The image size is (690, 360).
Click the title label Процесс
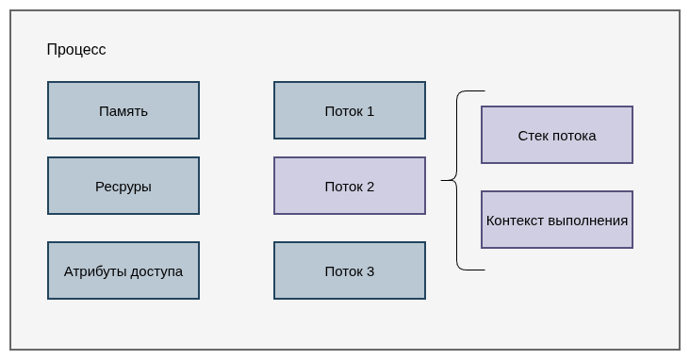[x=76, y=49]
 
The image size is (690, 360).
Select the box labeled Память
[x=123, y=110]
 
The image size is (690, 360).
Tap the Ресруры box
[x=123, y=186]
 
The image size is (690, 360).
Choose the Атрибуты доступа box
[x=123, y=270]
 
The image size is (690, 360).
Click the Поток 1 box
[x=350, y=110]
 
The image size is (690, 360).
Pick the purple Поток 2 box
[x=350, y=186]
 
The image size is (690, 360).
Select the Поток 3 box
[x=350, y=270]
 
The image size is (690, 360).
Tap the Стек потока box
[x=557, y=135]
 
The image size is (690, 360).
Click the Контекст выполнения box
[x=557, y=220]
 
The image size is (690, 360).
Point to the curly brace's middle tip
[x=441, y=180]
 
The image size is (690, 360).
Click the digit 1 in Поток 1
[x=370, y=111]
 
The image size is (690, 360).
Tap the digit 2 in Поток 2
[x=370, y=187]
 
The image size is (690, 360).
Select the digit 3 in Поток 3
[x=370, y=271]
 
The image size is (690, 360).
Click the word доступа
[x=156, y=272]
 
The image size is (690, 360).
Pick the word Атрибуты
[x=95, y=271]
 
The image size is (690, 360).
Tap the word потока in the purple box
[x=574, y=136]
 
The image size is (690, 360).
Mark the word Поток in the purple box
[x=344, y=187]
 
